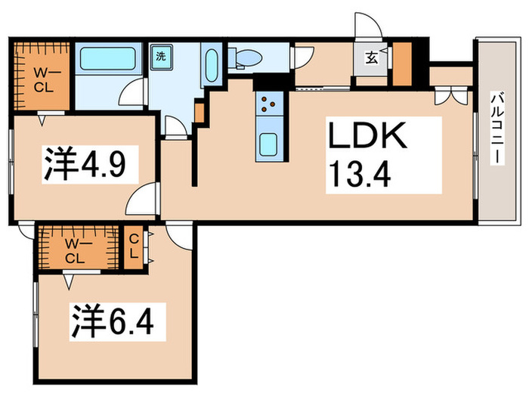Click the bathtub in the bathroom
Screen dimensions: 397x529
(x=109, y=59)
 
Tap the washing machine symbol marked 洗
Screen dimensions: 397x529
(x=161, y=57)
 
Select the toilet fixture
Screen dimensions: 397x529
(x=246, y=57)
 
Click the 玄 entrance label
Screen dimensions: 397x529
(x=374, y=55)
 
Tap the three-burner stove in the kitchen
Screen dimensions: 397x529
(x=269, y=102)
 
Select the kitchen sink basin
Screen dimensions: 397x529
(x=269, y=144)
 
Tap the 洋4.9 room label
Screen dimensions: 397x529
(x=83, y=165)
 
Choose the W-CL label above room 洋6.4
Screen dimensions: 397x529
(x=74, y=250)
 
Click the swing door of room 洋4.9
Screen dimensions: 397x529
(x=142, y=202)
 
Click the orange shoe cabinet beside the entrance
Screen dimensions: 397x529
(x=402, y=64)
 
